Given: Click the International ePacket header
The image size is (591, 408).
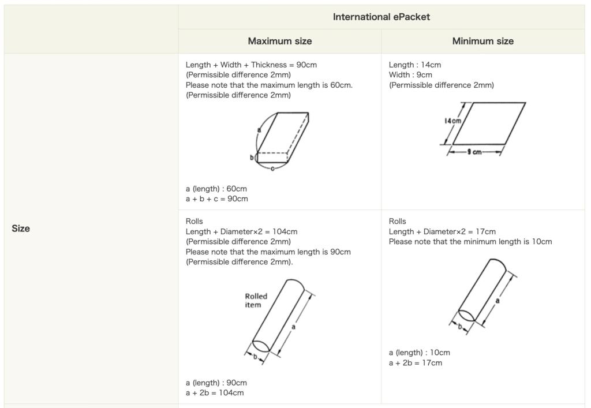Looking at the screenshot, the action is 381,17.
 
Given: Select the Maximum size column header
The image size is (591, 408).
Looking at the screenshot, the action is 280,41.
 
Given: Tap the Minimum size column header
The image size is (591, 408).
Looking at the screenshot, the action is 483,41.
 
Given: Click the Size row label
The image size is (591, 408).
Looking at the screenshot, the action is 21,229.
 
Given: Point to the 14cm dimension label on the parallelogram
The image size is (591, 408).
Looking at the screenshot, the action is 452,121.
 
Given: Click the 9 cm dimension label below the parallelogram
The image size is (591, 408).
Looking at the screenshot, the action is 474,152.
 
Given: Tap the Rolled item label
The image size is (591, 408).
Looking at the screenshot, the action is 256,301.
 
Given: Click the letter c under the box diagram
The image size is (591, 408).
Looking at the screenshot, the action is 272,169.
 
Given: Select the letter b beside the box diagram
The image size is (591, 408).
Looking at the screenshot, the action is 252,158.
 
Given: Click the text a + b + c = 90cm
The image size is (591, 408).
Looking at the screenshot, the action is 217,199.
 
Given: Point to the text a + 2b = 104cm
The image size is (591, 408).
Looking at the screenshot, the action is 215,393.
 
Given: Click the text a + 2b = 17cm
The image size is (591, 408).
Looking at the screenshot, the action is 416,363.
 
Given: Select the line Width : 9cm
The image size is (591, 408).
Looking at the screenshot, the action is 410,75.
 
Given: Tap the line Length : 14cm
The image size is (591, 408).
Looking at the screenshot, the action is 415,65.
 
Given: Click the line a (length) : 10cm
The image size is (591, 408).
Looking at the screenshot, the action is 420,353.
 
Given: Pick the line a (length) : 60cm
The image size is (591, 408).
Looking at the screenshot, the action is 216,189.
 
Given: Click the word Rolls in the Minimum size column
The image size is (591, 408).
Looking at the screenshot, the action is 397,221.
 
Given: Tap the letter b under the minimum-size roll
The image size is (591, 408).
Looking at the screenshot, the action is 459,327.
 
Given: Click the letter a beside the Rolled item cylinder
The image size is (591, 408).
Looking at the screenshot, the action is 293,327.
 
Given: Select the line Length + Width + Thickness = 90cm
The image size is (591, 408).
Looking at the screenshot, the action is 251,65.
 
